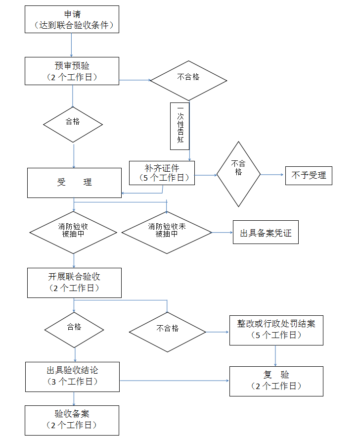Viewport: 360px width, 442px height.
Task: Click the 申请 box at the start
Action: pos(72,19)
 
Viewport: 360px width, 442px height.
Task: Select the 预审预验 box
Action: pos(72,71)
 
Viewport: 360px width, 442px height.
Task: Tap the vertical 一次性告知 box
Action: pos(180,126)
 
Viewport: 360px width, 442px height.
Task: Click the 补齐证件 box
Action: pos(162,173)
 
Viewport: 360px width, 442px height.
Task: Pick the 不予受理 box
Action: pos(309,175)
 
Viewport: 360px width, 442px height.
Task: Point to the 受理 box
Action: pos(74,183)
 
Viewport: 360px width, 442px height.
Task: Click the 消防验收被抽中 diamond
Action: pos(73,230)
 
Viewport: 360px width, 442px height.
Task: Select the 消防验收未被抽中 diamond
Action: pos(167,230)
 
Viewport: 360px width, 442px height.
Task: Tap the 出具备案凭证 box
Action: pos(266,233)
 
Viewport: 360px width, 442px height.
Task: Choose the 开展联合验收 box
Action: pos(74,283)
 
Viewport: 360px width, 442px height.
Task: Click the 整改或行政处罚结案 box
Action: pos(276,329)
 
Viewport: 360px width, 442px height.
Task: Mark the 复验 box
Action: pos(276,381)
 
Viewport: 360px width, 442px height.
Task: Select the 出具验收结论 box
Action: pos(72,376)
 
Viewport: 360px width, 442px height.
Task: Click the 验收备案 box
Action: pos(72,420)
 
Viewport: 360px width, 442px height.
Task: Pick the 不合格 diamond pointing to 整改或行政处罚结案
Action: pos(167,329)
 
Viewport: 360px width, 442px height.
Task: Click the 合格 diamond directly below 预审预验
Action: pos(73,122)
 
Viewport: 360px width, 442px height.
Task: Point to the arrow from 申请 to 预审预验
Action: pos(72,45)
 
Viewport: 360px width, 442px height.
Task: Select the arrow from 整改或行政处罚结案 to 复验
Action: pos(275,355)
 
